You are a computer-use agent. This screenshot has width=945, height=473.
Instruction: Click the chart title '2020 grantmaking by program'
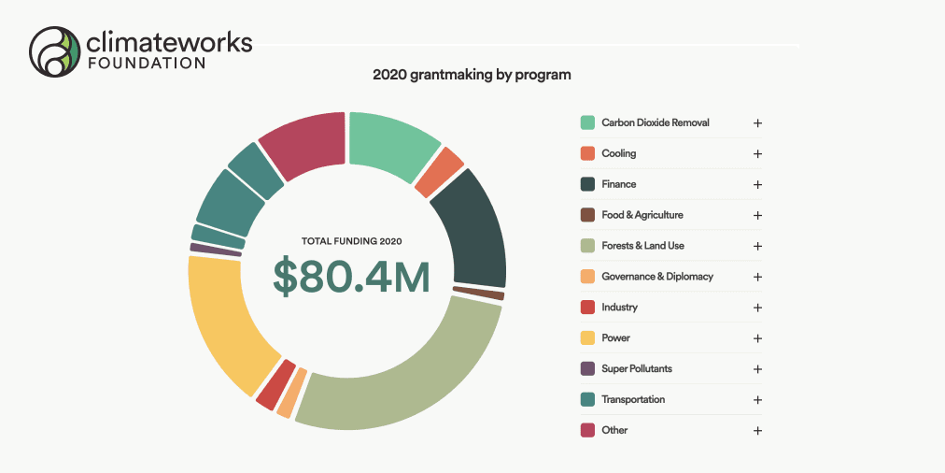pyautogui.click(x=472, y=74)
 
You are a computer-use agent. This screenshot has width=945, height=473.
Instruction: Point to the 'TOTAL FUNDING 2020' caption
pyautogui.click(x=351, y=241)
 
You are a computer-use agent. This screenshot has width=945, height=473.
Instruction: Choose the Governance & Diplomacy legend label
pyautogui.click(x=656, y=277)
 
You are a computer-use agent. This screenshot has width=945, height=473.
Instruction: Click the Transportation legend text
pyautogui.click(x=633, y=399)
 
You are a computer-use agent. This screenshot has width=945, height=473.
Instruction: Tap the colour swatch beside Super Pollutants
pyautogui.click(x=587, y=368)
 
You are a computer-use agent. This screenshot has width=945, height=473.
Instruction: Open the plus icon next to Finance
pyautogui.click(x=757, y=184)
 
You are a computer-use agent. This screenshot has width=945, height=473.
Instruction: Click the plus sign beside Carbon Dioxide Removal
pyautogui.click(x=757, y=122)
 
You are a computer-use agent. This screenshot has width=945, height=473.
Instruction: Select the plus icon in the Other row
pyautogui.click(x=757, y=430)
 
